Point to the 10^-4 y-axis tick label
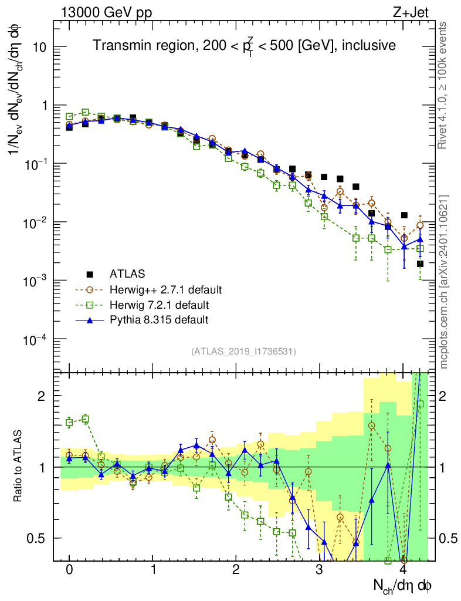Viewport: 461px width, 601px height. coord(35,339)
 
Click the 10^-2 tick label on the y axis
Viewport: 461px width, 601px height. coord(35,222)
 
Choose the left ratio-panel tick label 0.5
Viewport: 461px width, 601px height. coord(37,538)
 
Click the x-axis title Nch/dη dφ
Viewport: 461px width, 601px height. coord(404,585)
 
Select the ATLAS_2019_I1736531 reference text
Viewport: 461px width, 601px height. coord(243,352)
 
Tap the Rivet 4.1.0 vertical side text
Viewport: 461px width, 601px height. coord(443,86)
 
